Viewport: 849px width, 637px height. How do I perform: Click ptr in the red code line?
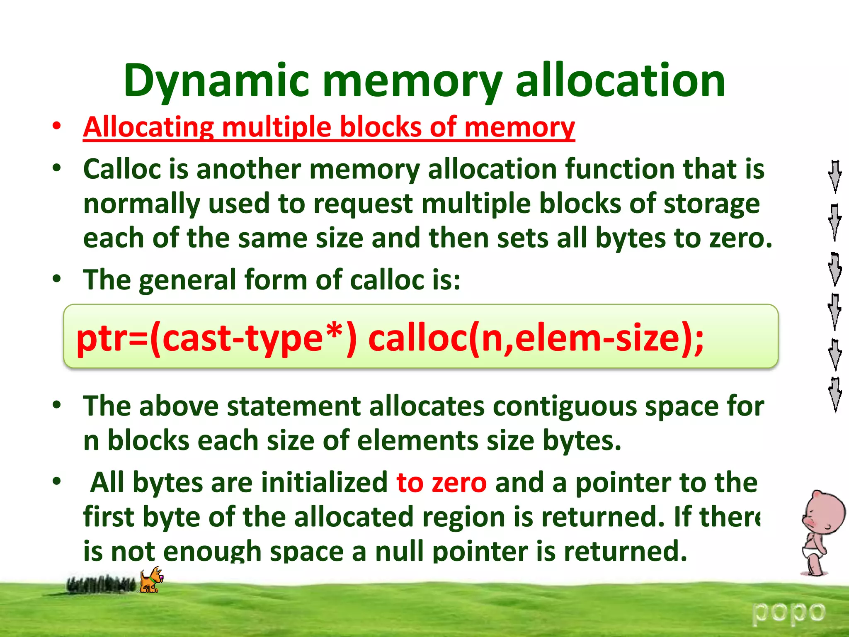[99, 338]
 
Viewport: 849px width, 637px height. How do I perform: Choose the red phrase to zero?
[441, 483]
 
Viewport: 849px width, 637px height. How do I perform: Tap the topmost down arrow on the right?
[835, 176]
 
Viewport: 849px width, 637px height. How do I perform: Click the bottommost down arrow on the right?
[835, 394]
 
